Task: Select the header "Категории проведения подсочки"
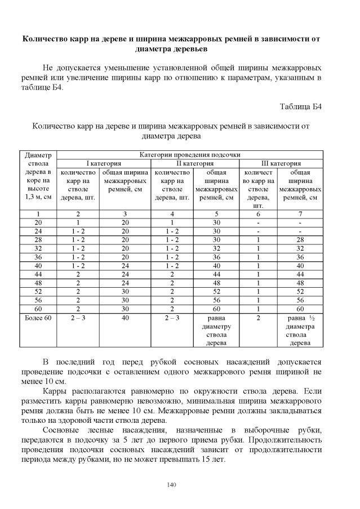(190, 154)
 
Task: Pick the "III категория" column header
(281, 163)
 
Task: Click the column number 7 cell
(300, 214)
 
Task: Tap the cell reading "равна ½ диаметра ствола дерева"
(300, 331)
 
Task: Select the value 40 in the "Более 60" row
(125, 318)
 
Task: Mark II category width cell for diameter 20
(216, 222)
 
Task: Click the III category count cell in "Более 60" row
(259, 318)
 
